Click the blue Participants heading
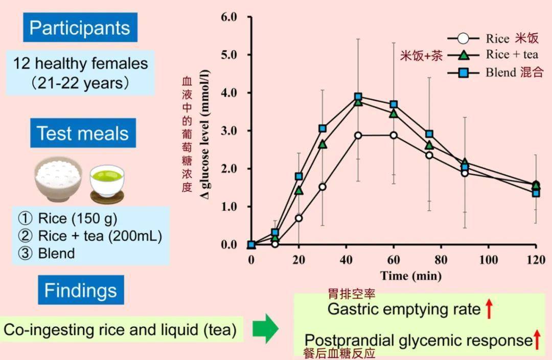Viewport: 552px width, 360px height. [80, 28]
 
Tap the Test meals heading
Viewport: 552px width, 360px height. [83, 133]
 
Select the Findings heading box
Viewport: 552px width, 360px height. [81, 290]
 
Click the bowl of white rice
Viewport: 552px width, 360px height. [58, 180]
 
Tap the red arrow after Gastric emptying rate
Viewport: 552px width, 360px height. [489, 309]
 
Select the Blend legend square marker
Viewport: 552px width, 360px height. [463, 73]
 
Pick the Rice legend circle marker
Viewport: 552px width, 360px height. [463, 39]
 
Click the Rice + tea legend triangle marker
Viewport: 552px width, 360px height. [463, 55]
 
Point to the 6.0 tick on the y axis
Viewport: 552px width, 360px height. [228, 17]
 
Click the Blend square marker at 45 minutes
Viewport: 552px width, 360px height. [358, 97]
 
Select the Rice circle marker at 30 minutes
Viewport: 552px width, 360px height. [323, 187]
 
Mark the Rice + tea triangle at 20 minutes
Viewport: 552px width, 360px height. [299, 191]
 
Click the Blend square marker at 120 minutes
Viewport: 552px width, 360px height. [536, 193]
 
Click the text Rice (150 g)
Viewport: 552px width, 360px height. [77, 219]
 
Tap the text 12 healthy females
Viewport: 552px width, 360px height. [81, 64]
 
